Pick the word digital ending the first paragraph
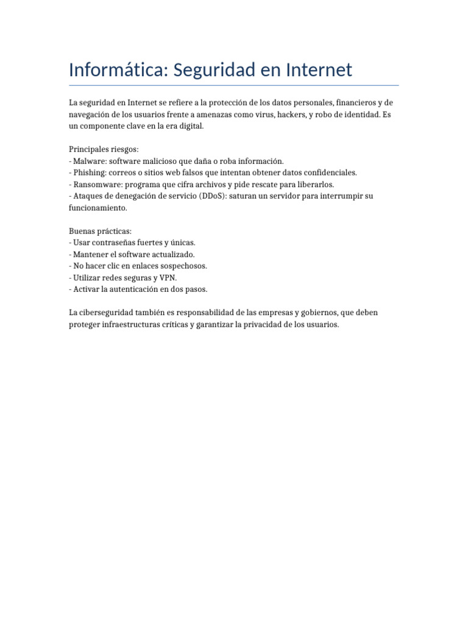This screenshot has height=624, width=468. pyautogui.click(x=189, y=126)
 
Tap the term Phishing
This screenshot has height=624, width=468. pyautogui.click(x=90, y=172)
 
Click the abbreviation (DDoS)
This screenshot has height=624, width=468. pyautogui.click(x=212, y=196)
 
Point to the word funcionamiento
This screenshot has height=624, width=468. pyautogui.click(x=97, y=207)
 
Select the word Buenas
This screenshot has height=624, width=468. pyautogui.click(x=82, y=231)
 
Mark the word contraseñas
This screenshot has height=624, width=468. pyautogui.click(x=114, y=243)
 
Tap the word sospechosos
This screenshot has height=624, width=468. pyautogui.click(x=182, y=266)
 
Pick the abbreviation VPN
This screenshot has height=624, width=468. pyautogui.click(x=168, y=277)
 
